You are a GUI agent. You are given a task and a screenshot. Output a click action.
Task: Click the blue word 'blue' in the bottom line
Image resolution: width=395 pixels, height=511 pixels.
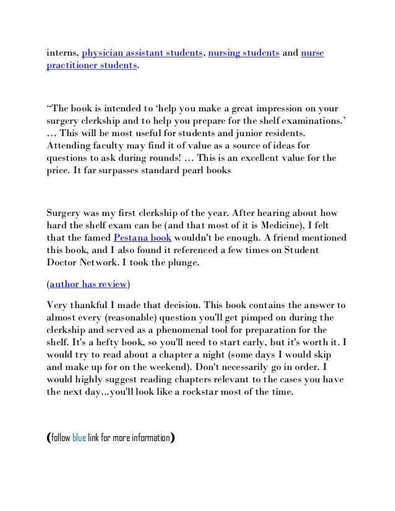79,439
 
